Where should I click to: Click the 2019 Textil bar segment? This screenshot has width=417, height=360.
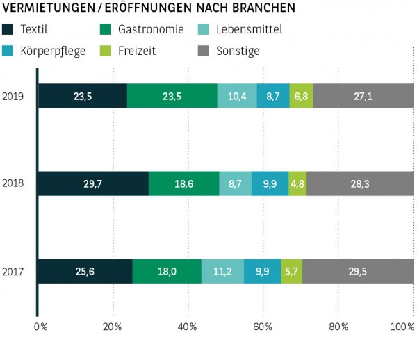coord(83,96)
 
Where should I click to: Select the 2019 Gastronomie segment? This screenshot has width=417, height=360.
coord(172,96)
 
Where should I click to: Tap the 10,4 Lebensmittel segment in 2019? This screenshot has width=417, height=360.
coord(237,96)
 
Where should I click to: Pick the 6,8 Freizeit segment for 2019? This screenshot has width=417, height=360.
coord(301,96)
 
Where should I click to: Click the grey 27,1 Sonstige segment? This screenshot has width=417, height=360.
coord(363,96)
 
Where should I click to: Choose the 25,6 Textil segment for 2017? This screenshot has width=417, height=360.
coord(85,271)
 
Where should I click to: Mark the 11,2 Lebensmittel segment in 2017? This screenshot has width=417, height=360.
coord(222,271)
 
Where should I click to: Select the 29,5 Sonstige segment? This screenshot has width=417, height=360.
coord(358,271)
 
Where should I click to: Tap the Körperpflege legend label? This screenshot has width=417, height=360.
coord(53,51)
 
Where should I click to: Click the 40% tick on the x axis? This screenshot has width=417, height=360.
coord(188,326)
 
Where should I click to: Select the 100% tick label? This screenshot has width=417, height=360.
coord(402,326)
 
